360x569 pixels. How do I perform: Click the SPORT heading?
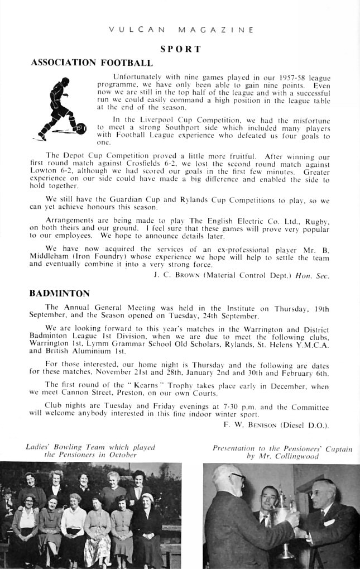coord(180,49)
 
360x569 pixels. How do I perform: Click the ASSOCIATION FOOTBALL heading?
coord(92,63)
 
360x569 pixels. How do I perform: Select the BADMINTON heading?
coord(60,293)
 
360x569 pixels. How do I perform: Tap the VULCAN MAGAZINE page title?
coord(180,30)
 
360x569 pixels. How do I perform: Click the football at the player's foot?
coord(81,128)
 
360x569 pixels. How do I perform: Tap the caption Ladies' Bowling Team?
coord(90,448)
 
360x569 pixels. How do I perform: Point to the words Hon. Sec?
coord(316,275)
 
